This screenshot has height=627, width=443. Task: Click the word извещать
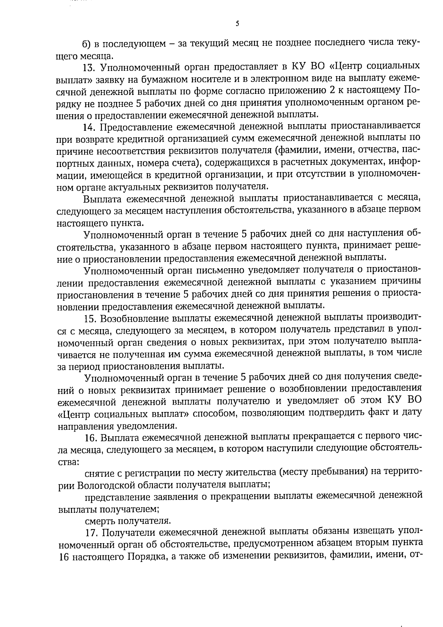point(376,533)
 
